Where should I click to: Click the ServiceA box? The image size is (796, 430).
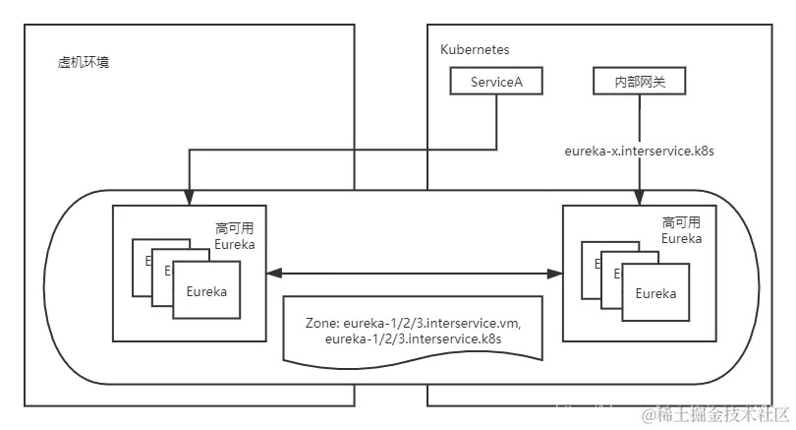pyautogui.click(x=497, y=82)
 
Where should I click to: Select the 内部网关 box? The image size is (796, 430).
pyautogui.click(x=640, y=82)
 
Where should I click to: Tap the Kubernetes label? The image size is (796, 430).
pyautogui.click(x=476, y=48)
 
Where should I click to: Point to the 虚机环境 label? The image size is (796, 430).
pyautogui.click(x=85, y=62)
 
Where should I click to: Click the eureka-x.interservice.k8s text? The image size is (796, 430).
pyautogui.click(x=639, y=152)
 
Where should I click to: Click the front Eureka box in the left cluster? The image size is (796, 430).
pyautogui.click(x=206, y=291)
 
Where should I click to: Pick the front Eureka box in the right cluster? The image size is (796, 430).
pyautogui.click(x=654, y=293)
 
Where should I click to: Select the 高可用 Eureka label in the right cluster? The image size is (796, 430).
pyautogui.click(x=681, y=230)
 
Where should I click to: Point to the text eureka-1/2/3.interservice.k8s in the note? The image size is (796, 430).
pyautogui.click(x=413, y=338)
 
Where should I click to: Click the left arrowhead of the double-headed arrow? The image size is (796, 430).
pyautogui.click(x=274, y=274)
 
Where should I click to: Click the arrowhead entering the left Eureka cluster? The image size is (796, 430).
pyautogui.click(x=189, y=200)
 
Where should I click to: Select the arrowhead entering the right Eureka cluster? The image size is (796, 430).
pyautogui.click(x=640, y=200)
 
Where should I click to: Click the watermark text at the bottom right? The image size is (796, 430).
pyautogui.click(x=713, y=413)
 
